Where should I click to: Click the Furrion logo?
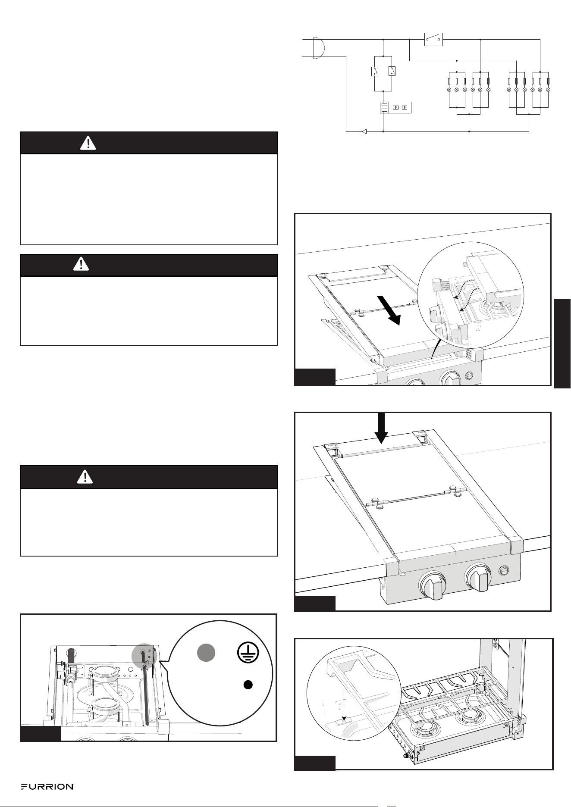point(47,787)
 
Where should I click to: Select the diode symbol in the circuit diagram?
point(364,131)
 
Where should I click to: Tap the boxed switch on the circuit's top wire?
point(433,39)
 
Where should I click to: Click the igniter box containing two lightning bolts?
point(395,107)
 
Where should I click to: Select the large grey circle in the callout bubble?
point(206,653)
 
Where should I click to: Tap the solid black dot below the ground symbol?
point(247,685)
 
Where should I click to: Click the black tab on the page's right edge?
point(562,344)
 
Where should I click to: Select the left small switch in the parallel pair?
point(374,71)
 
